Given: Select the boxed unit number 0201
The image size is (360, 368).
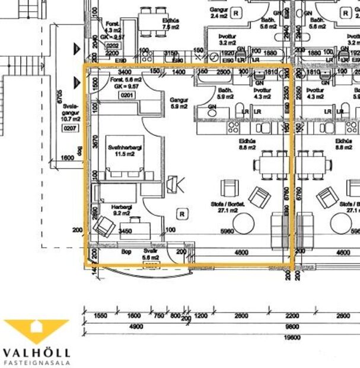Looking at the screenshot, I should (x=126, y=95).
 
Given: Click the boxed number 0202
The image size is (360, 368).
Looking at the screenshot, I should (x=112, y=45).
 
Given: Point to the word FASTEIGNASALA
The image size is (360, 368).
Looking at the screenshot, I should (x=36, y=362).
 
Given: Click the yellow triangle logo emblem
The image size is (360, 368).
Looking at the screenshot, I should (x=36, y=330).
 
